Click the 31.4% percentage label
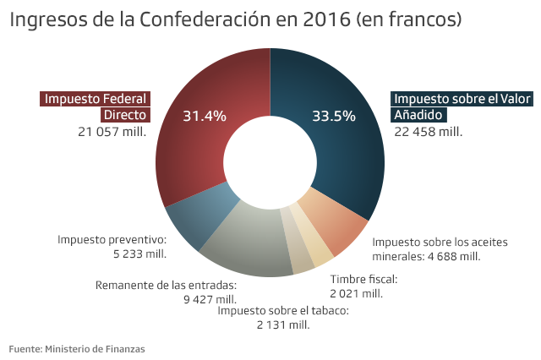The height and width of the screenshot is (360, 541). coord(205,116)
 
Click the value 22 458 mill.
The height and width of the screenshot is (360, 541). coord(428,131)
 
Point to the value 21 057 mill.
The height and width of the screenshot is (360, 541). coord(112,131)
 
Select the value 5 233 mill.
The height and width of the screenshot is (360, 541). coord(139,254)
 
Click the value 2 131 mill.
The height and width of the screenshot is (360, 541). coord(283,325)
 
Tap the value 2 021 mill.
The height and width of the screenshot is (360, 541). coord(356,293)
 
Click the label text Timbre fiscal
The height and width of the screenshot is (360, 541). coord(363,279)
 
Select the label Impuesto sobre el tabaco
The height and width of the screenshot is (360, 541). coord(283,310)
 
